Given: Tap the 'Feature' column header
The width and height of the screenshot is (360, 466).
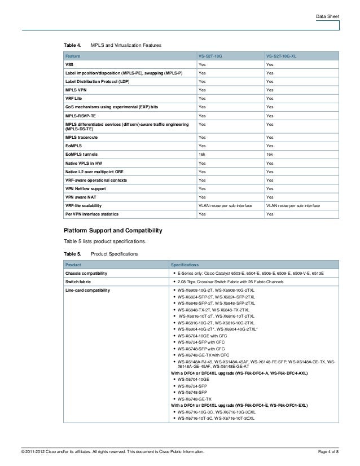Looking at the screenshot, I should coord(73,58).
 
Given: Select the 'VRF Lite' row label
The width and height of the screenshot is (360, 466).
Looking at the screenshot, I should coord(75,98).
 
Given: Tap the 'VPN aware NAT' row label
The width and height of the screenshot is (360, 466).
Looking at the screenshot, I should coord(82,197).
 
